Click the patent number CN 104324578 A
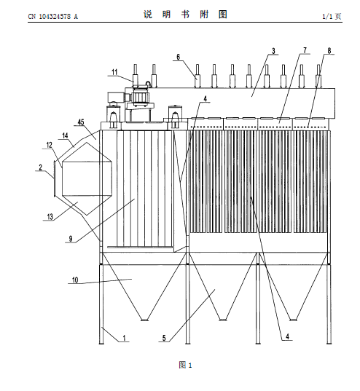tap(52, 17)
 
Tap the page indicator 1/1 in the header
tap(327, 17)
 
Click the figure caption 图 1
tap(185, 365)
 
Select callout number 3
tap(273, 51)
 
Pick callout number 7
tap(305, 50)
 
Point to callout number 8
tap(329, 51)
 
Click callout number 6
tap(179, 57)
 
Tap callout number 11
tap(114, 72)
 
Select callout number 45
tap(81, 122)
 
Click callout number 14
tap(65, 135)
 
